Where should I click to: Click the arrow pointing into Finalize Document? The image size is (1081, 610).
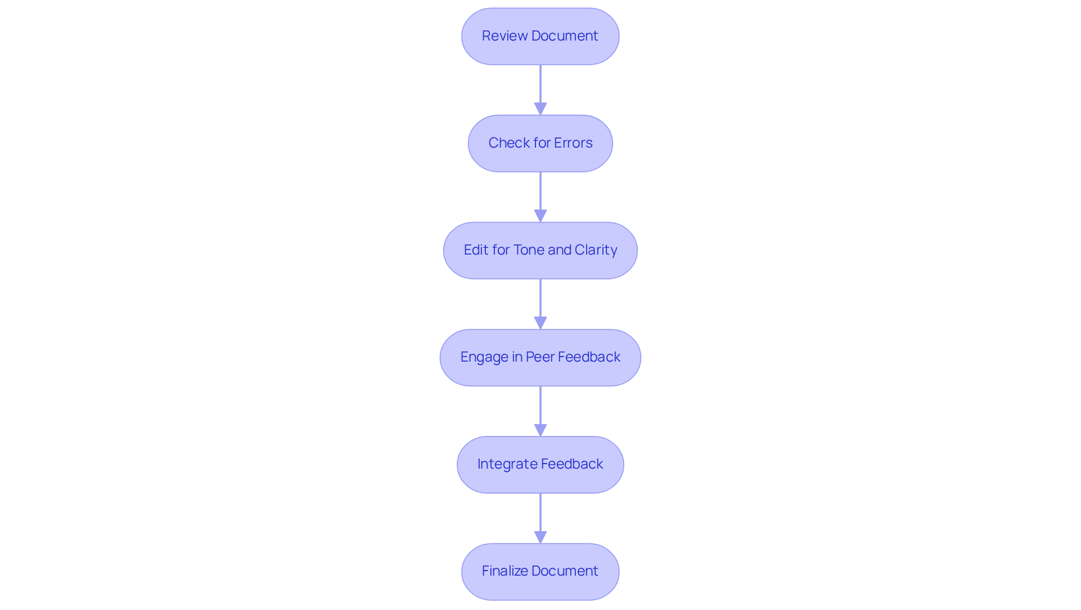[540, 515]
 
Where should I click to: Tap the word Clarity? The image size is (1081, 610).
[596, 250]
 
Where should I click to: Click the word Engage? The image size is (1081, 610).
[484, 357]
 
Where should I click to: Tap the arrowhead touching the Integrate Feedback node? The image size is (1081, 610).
[540, 430]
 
